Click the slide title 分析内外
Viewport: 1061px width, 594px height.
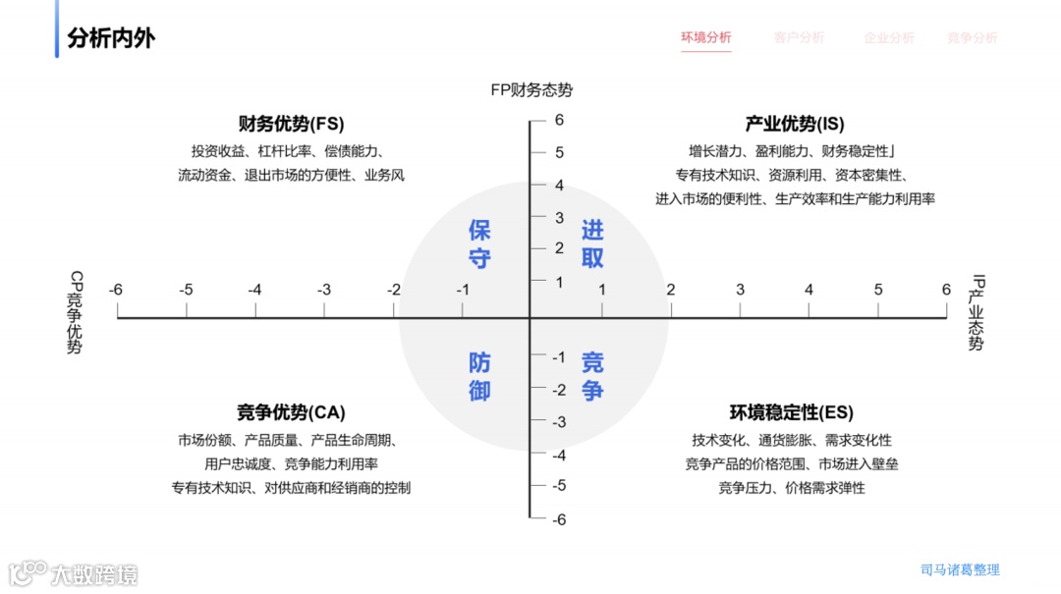(111, 38)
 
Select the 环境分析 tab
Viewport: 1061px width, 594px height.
(706, 38)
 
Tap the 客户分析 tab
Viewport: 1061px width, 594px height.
(799, 38)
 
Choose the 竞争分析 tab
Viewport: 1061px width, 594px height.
(972, 38)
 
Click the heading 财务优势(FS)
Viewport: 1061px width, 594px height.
(291, 124)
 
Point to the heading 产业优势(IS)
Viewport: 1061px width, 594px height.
(795, 124)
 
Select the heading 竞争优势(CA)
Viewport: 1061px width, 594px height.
(291, 412)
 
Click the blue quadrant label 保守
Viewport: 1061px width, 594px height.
(479, 244)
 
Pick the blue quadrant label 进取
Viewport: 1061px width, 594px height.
(592, 244)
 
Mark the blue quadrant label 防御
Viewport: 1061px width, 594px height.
(479, 376)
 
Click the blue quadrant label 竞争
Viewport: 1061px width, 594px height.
(592, 376)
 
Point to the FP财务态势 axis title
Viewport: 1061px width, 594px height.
(531, 90)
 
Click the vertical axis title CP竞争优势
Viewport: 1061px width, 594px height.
(75, 313)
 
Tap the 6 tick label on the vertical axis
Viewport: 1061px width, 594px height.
(559, 121)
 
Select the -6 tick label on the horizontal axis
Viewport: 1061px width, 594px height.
(116, 290)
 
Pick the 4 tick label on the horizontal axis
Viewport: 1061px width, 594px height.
(810, 290)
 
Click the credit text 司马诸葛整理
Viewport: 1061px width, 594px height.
(960, 569)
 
